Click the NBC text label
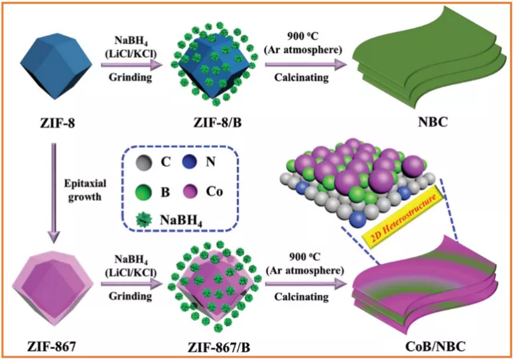coord(426,123)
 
